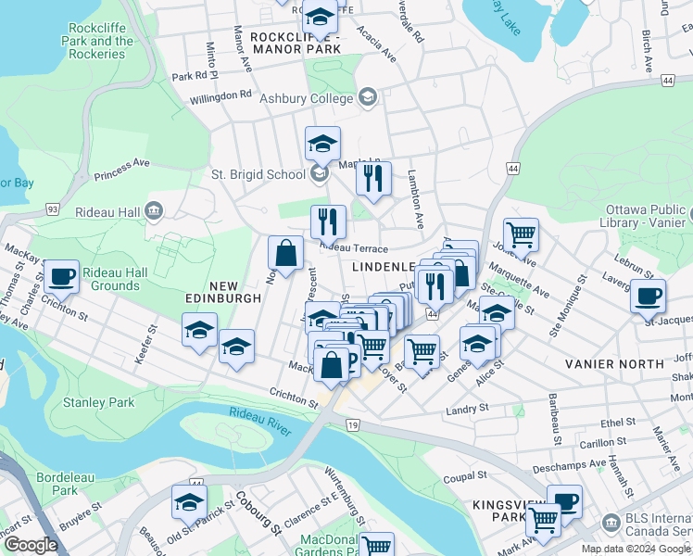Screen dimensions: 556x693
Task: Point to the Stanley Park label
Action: click(x=98, y=402)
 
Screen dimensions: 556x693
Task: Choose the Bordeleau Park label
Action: click(x=65, y=483)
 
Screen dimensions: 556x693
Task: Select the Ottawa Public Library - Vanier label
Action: click(x=645, y=216)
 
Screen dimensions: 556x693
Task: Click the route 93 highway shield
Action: click(x=53, y=211)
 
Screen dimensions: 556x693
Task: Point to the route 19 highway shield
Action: click(x=352, y=424)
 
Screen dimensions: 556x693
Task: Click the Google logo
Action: click(x=31, y=545)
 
